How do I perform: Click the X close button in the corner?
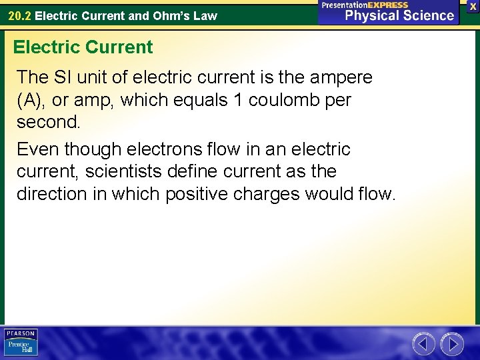coord(473,6)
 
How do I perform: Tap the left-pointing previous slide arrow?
coord(423,344)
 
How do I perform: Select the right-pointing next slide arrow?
coord(453,344)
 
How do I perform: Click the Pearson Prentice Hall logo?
coord(21,343)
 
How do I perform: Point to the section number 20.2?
coord(19,15)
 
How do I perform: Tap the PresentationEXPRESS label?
coord(365,5)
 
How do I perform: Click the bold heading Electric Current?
coord(83,47)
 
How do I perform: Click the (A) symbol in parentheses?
coord(29,101)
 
